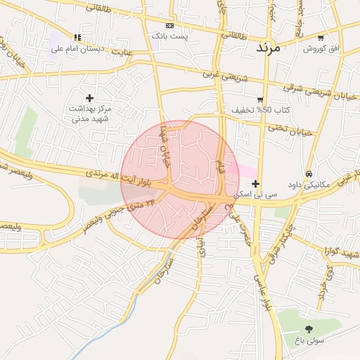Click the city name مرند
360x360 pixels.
click(x=267, y=47)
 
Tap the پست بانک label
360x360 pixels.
click(x=169, y=35)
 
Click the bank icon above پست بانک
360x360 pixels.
click(x=169, y=25)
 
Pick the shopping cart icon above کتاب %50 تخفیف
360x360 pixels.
click(x=260, y=100)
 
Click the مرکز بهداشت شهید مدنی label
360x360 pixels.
click(x=90, y=114)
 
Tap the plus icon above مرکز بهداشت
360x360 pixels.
click(x=89, y=98)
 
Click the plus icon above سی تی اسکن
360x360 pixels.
click(x=255, y=184)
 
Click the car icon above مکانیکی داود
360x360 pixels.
click(x=309, y=174)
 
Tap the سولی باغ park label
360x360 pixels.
click(x=309, y=340)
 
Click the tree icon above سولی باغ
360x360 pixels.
click(x=309, y=328)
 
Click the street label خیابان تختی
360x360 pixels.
click(x=287, y=130)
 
